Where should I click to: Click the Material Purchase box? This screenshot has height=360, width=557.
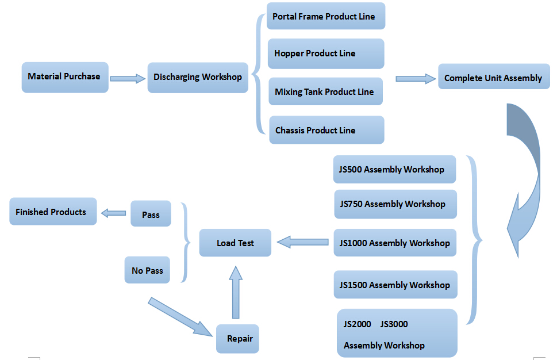click(64, 77)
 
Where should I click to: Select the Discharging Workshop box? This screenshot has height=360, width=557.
click(197, 77)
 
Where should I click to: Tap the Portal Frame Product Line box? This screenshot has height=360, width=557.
click(325, 17)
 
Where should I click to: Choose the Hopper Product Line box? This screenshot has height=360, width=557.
click(325, 53)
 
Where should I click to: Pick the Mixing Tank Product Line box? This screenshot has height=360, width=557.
click(325, 91)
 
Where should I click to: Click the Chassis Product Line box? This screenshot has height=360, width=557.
click(325, 130)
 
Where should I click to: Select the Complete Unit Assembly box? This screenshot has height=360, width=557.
click(493, 78)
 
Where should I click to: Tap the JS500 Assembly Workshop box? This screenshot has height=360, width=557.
click(394, 170)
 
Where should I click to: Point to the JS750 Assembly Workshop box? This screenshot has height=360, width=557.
click(395, 204)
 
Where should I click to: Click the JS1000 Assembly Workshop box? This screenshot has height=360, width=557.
click(395, 243)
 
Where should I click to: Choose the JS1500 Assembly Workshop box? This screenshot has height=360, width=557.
click(395, 285)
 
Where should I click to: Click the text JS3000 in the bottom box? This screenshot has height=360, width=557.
click(394, 324)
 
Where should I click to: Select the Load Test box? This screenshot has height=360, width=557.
click(235, 243)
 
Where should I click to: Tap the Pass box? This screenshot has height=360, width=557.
click(151, 214)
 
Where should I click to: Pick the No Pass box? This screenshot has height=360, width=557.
click(147, 270)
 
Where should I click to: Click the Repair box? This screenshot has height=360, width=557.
click(240, 339)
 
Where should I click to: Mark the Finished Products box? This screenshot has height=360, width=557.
click(52, 212)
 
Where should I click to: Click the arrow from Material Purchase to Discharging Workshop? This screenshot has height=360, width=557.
click(128, 78)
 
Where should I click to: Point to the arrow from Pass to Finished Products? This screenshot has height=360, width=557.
click(113, 213)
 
